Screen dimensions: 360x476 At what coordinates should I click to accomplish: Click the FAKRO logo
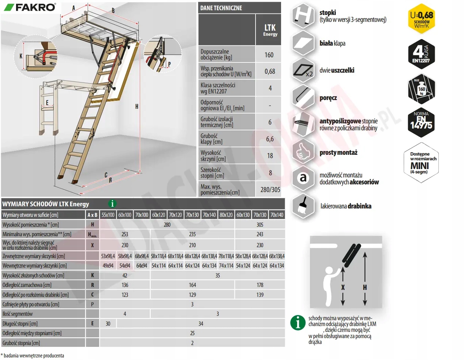point(30,7)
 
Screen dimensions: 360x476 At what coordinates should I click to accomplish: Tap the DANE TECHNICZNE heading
point(221,8)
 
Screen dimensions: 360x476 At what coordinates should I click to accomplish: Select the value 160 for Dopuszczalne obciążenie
point(269,55)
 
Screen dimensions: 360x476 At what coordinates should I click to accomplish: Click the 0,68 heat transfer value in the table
point(270,72)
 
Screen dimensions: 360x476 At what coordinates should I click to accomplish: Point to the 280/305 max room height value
point(270,189)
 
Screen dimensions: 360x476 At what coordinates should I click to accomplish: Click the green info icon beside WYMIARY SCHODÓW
point(112,204)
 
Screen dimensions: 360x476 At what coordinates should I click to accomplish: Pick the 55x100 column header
point(108,215)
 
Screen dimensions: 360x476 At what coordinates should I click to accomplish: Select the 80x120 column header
point(226,215)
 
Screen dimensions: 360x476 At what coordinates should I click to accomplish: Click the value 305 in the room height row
point(260,225)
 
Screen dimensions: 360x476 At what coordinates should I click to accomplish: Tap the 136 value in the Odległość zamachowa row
point(125,285)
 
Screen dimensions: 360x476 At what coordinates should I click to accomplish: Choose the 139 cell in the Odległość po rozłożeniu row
point(260,295)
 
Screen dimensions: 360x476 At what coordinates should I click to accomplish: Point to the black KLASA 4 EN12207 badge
point(421,54)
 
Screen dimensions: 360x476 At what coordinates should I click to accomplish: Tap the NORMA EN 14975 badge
point(421,122)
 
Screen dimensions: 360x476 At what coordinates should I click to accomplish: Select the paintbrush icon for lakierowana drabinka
point(303,206)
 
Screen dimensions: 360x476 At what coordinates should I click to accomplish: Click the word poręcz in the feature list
point(328,98)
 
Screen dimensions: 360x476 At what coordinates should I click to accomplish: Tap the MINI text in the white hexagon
point(419,166)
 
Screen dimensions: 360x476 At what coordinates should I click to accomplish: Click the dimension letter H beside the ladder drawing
point(137,107)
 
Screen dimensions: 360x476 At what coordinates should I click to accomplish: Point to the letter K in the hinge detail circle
point(21,56)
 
